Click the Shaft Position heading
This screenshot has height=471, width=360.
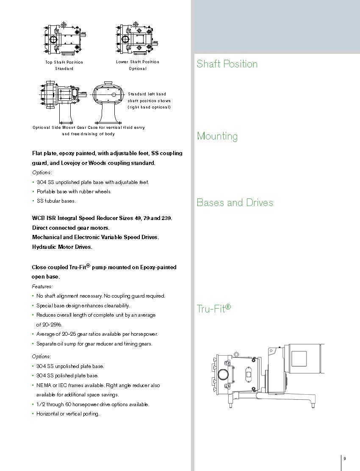click(227, 64)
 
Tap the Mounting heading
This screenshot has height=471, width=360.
click(217, 136)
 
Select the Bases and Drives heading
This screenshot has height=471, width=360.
click(235, 203)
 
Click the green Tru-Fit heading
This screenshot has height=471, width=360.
click(213, 308)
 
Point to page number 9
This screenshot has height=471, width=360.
click(345, 458)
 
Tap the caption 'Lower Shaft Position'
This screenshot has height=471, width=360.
click(138, 62)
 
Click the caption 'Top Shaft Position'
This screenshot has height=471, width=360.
click(64, 62)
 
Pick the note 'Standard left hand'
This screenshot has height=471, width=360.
click(147, 94)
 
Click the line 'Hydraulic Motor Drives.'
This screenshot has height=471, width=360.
click(62, 247)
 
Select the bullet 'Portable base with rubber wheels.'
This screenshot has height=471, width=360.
click(74, 192)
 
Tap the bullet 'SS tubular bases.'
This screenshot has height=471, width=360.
click(56, 201)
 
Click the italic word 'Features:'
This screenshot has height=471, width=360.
click(42, 287)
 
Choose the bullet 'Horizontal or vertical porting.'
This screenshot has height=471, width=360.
click(68, 414)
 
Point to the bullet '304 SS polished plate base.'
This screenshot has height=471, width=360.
click(67, 376)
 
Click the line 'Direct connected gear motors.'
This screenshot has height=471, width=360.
click(71, 228)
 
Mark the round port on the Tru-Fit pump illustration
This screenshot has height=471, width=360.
click(223, 374)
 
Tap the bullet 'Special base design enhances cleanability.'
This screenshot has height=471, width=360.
click(83, 306)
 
